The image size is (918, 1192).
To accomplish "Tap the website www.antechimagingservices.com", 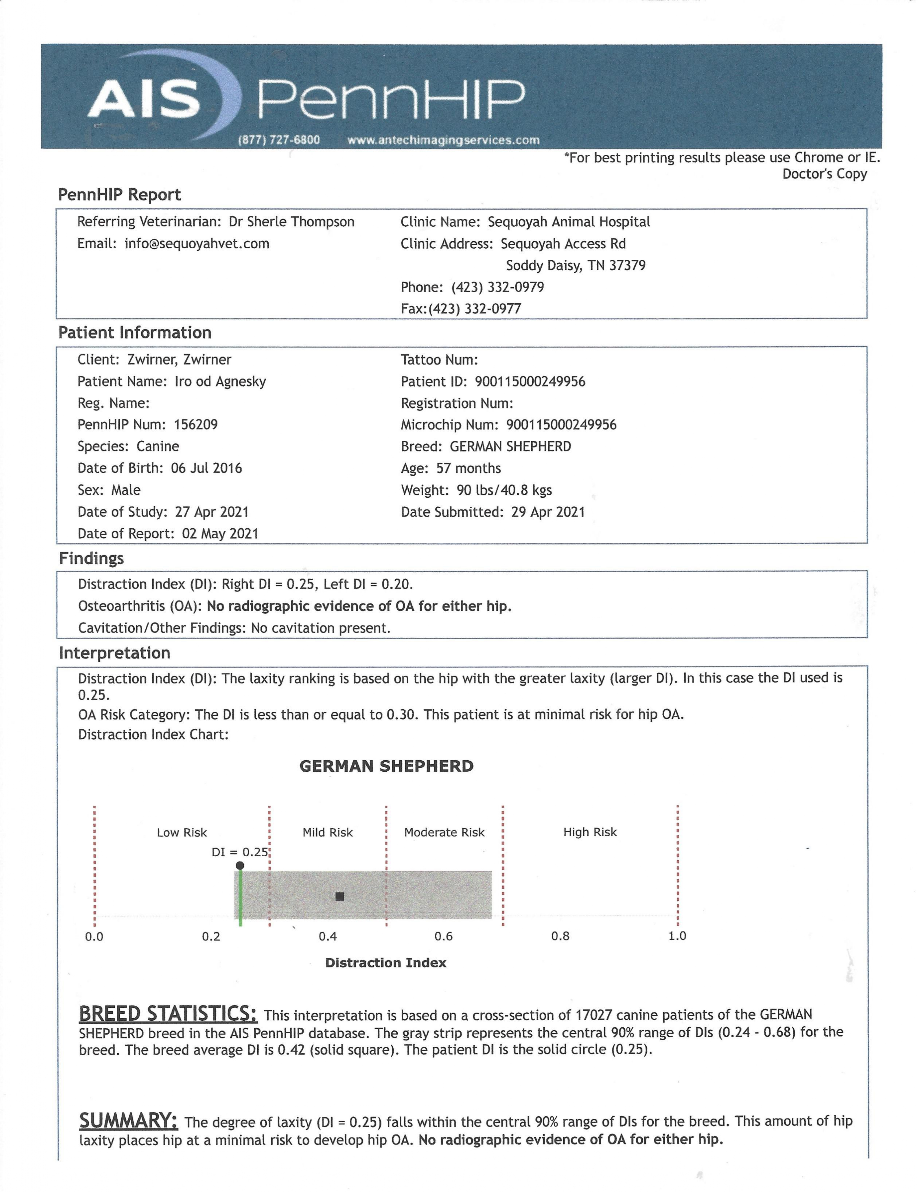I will point(443,140).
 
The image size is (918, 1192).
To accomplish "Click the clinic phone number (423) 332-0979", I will point(497,287).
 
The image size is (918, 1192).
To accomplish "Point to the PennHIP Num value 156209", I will point(195,425).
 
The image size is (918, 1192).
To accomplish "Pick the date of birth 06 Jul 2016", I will point(206,468).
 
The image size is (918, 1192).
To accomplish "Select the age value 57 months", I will point(468,468).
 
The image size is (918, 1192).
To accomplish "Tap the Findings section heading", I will point(91,558).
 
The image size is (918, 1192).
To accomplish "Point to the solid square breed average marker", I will point(340,896).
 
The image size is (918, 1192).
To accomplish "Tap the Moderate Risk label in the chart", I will point(444,832).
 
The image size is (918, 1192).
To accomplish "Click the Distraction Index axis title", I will point(385,963).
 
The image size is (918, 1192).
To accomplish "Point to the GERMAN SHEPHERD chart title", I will point(386,766).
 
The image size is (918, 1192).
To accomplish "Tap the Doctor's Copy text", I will point(824,174).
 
